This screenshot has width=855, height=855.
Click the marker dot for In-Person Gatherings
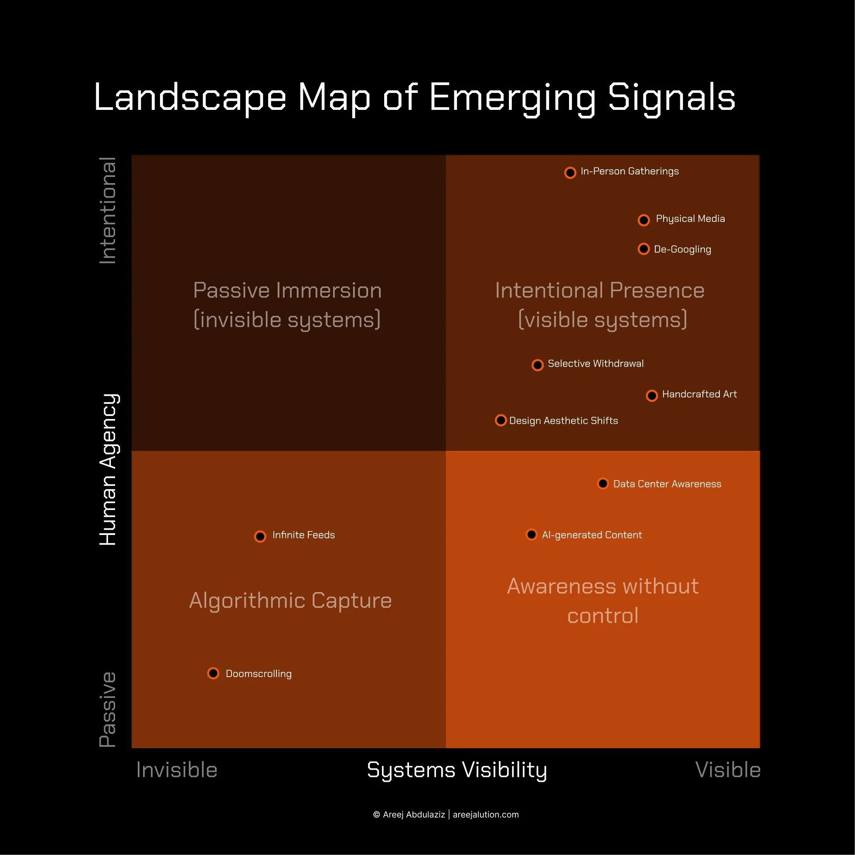coord(570,173)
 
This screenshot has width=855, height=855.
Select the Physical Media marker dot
coord(644,220)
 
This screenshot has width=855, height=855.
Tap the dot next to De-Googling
coord(644,249)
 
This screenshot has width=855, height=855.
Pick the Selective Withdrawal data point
coord(537,364)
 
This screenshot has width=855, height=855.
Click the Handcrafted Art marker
coord(651,395)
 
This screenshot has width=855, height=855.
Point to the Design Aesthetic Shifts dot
coord(501,420)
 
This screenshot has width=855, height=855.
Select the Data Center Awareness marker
coord(603,483)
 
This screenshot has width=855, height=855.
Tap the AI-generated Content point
coord(531,534)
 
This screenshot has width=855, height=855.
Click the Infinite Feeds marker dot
coord(260,536)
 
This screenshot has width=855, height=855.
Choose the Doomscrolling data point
coord(213,673)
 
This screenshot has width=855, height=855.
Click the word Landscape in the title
coord(190,97)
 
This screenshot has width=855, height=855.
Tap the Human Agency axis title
coord(108,469)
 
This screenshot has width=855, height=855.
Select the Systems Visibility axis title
coord(456,770)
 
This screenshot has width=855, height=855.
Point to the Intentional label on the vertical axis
coord(108,211)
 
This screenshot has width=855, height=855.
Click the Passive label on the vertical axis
coord(108,709)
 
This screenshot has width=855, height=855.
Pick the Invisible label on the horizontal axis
coord(177,770)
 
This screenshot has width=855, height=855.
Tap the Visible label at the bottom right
coord(728,770)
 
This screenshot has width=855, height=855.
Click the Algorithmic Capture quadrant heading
coord(290,600)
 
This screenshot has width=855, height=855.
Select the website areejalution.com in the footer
coord(485,815)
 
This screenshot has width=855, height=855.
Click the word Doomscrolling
coord(259,674)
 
